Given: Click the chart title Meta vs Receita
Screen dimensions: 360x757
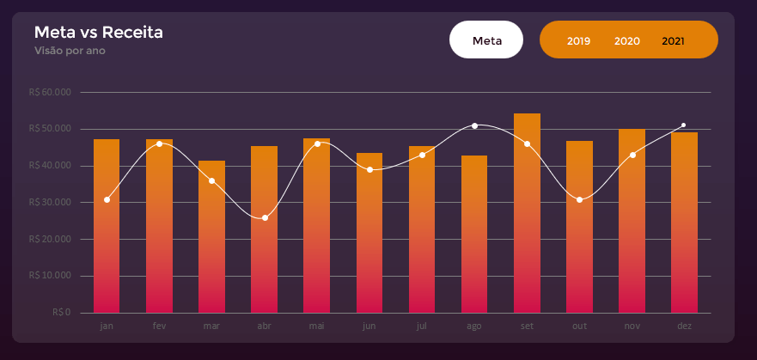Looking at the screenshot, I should [x=99, y=33].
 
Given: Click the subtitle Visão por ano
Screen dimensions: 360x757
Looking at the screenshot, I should [x=70, y=51].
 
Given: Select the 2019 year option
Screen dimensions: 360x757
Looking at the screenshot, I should [x=578, y=41].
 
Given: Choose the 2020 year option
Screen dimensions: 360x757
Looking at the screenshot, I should [x=627, y=41].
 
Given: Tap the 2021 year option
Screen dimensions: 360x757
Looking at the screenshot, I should [x=674, y=41].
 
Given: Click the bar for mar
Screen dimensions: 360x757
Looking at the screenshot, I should [x=211, y=237].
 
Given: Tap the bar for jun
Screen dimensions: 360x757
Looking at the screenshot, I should [x=369, y=233].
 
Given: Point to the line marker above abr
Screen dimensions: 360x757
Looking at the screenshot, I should [x=265, y=217].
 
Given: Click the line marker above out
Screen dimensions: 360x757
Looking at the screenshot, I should [x=580, y=199].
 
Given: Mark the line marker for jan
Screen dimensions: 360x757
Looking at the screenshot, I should [x=107, y=199].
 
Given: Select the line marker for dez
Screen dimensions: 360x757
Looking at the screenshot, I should [x=684, y=125].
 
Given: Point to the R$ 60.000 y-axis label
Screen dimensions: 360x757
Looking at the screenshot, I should [x=50, y=92].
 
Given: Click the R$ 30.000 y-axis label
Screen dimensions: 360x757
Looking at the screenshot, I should [x=50, y=202].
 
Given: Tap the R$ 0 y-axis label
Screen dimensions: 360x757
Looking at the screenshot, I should [x=61, y=312].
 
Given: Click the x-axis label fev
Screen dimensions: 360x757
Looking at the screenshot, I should [x=159, y=326].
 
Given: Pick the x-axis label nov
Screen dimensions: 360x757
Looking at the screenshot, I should [x=632, y=326].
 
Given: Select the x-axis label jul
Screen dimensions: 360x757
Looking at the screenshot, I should [x=421, y=326].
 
